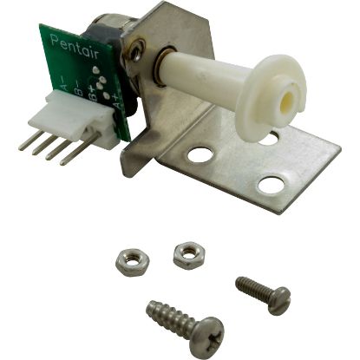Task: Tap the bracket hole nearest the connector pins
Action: click(x=200, y=157)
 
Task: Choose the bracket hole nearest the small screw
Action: click(x=271, y=185)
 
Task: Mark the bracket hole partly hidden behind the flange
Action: click(x=272, y=136)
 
